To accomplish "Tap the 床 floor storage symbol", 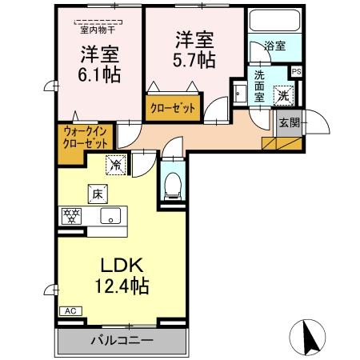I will click(95, 194).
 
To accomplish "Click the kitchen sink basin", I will click(109, 216).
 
